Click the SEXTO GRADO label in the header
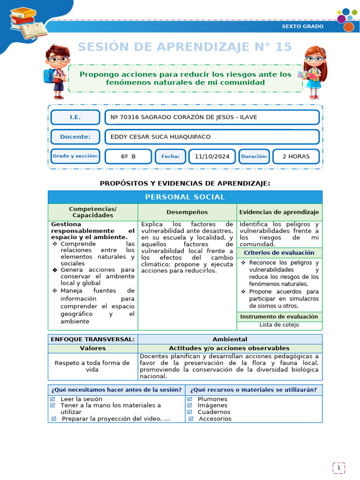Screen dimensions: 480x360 coord(302,26)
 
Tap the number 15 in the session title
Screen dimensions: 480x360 coord(283,47)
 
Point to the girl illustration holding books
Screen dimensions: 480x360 coord(312,71)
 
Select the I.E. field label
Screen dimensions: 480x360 coord(75,117)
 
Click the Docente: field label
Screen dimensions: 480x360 coord(75,137)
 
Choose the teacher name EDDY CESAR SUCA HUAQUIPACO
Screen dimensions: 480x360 coord(160,137)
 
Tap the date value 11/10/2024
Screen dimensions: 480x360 coord(212,157)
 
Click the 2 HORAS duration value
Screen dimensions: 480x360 coord(296,157)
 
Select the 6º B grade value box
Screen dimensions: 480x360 coord(128,157)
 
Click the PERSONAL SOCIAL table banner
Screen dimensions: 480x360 coord(185,197)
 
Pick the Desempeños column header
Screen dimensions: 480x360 coord(187,212)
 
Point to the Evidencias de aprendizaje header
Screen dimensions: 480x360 coord(279,212)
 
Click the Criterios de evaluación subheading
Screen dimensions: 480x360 coord(279,253)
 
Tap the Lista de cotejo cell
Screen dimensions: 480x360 coord(279,324)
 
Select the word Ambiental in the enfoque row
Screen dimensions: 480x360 coord(230,339)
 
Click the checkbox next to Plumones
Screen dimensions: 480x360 coord(190,399)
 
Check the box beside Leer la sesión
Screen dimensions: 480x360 coord(52,399)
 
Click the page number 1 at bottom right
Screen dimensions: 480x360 coord(339,467)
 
